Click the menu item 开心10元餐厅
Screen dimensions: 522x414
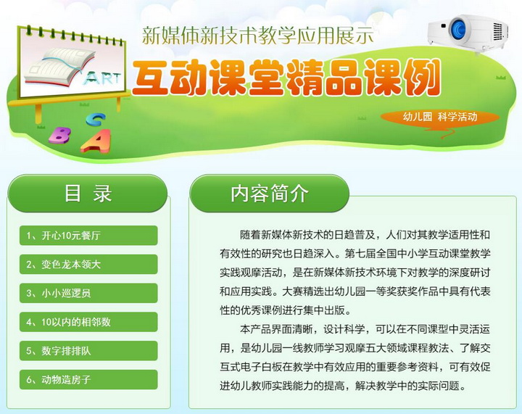(88, 236)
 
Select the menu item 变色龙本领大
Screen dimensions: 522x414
(88, 264)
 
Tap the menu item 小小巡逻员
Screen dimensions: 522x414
(88, 293)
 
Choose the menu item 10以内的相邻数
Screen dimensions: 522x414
(88, 322)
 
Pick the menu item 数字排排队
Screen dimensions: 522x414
(88, 351)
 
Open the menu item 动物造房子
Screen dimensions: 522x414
(88, 379)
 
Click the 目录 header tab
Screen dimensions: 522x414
(87, 194)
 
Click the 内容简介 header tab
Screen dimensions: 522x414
(269, 194)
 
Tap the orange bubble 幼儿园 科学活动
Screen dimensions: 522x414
(440, 117)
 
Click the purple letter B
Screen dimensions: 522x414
(60, 135)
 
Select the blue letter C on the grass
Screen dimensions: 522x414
(96, 120)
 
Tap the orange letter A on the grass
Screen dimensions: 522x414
(96, 141)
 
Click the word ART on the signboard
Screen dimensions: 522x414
(102, 78)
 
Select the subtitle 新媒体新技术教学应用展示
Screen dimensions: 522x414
(258, 36)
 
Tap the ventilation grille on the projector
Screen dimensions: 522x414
(497, 32)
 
